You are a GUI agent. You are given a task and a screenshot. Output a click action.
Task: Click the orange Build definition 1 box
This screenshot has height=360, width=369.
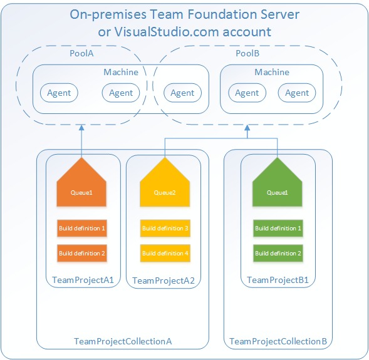pos(82,229)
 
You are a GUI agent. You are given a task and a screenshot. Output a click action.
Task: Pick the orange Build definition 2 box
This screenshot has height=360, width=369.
pos(82,254)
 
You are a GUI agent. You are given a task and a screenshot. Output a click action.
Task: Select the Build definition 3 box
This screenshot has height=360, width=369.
pos(165,229)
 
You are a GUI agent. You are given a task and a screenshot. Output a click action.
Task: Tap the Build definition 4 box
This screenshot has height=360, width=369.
pos(165,254)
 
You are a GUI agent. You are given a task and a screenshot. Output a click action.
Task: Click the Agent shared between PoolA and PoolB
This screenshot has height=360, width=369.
pos(182,93)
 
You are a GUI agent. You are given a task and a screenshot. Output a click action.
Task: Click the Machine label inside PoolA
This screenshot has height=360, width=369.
pos(121,72)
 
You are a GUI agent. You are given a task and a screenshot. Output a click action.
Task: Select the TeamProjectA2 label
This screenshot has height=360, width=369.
pos(164,282)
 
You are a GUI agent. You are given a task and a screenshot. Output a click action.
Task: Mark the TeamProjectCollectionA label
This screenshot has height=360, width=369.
pos(123,341)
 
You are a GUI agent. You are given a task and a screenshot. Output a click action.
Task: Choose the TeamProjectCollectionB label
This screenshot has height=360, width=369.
pos(278,341)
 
